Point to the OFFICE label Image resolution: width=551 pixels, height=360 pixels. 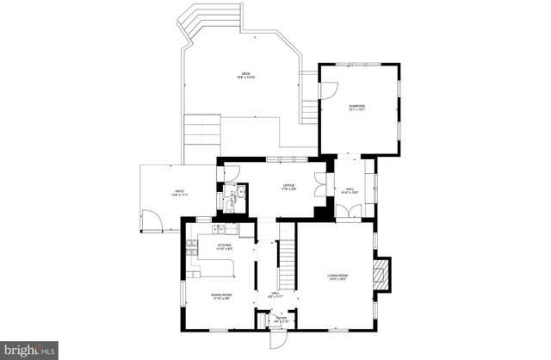coord(289,187)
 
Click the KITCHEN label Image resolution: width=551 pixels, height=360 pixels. coord(225,247)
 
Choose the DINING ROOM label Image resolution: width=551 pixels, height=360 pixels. coord(222,296)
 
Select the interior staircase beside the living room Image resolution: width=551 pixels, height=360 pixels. coord(288,264)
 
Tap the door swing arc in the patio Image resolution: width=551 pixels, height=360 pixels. coord(152,225)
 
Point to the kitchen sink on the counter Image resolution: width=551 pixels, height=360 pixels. coord(219,229)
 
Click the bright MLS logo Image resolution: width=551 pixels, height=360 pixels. coord(29,350)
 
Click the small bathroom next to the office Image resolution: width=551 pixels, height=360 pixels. coord(232,199)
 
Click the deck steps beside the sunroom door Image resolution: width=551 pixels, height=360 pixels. coord(308,108)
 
